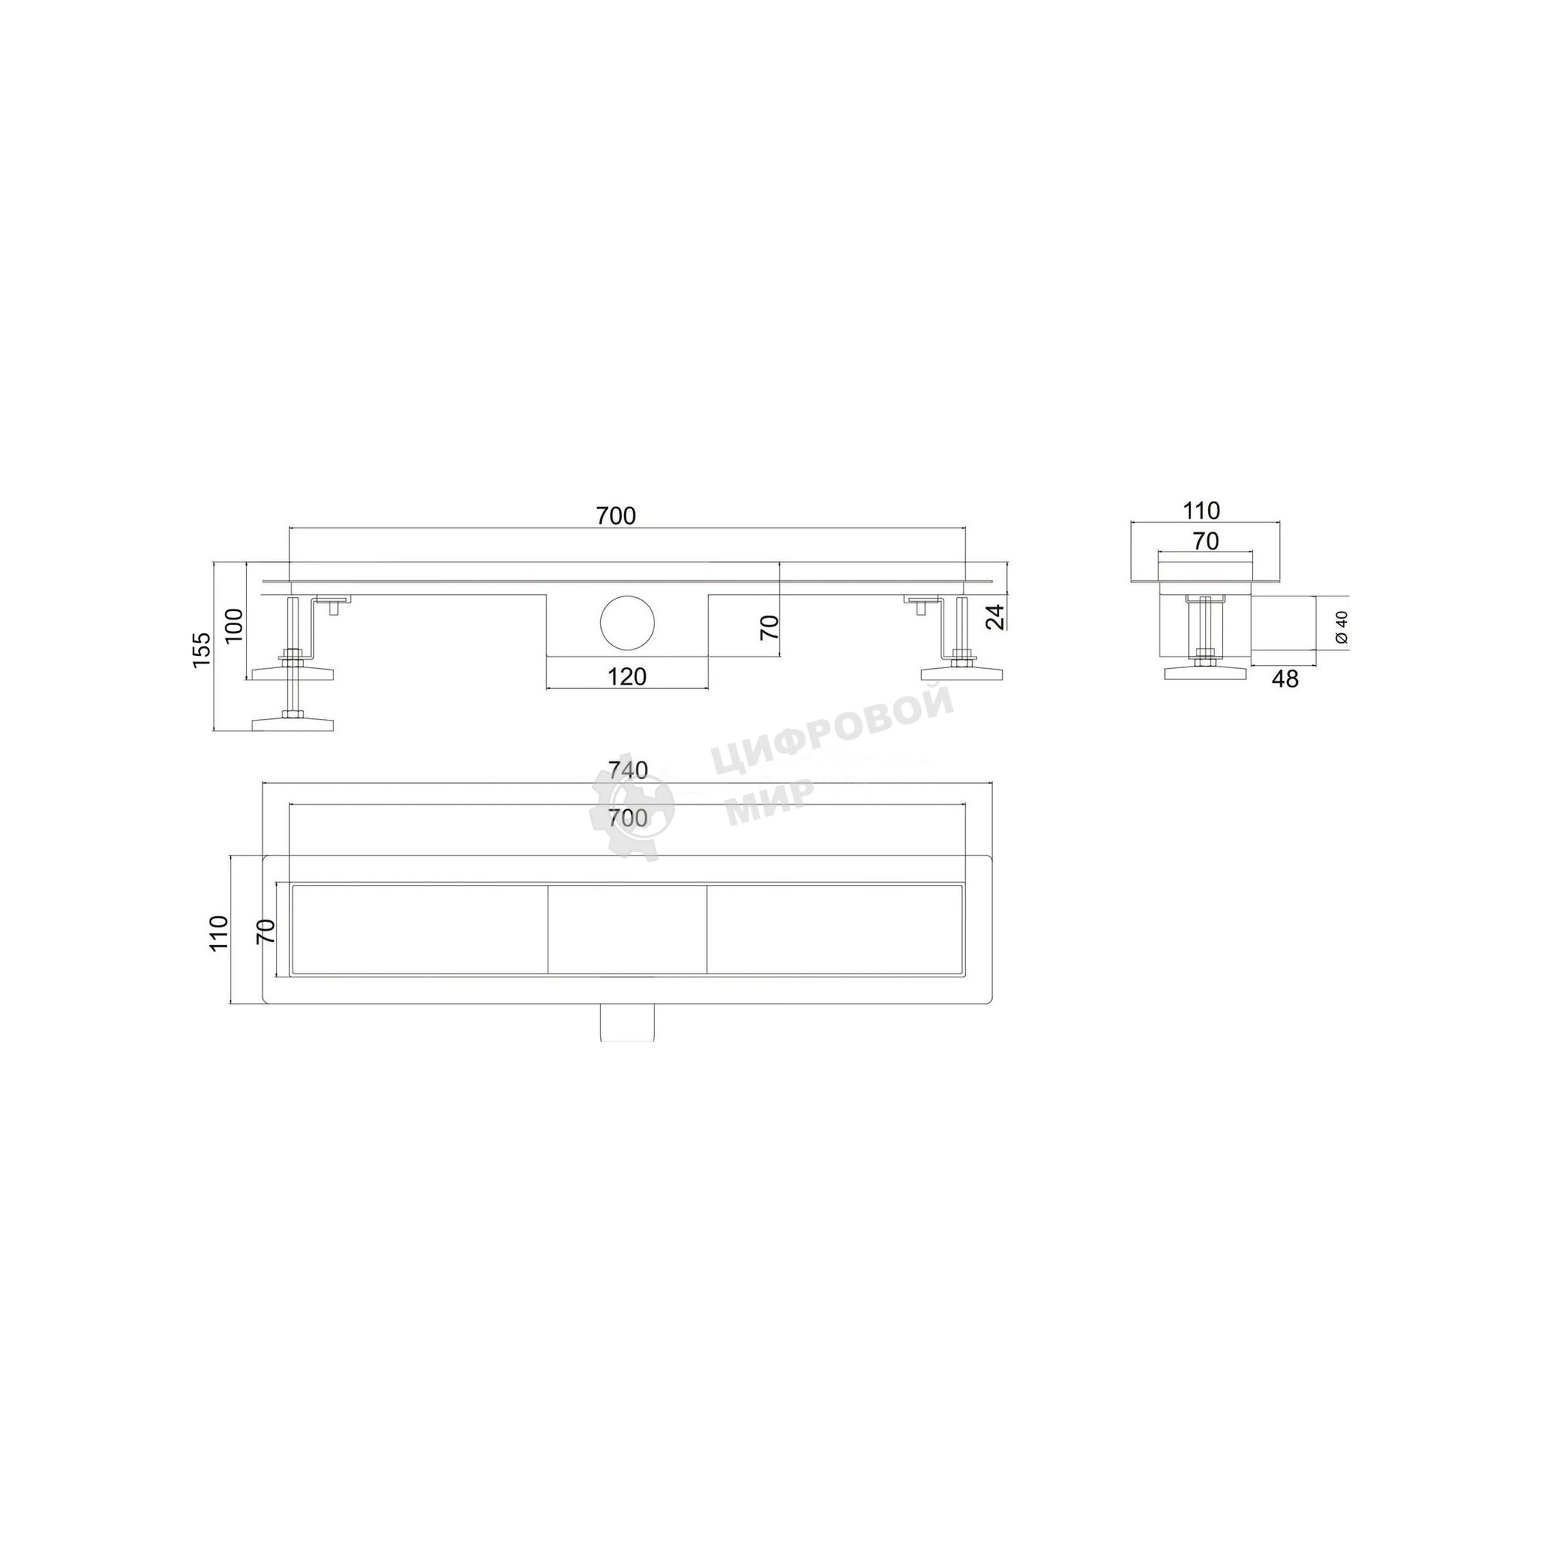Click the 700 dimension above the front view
[616, 517]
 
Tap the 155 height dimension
[202, 650]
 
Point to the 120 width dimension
[627, 677]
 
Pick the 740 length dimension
[628, 770]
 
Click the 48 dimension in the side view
[1285, 680]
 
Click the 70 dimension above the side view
[1206, 542]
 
